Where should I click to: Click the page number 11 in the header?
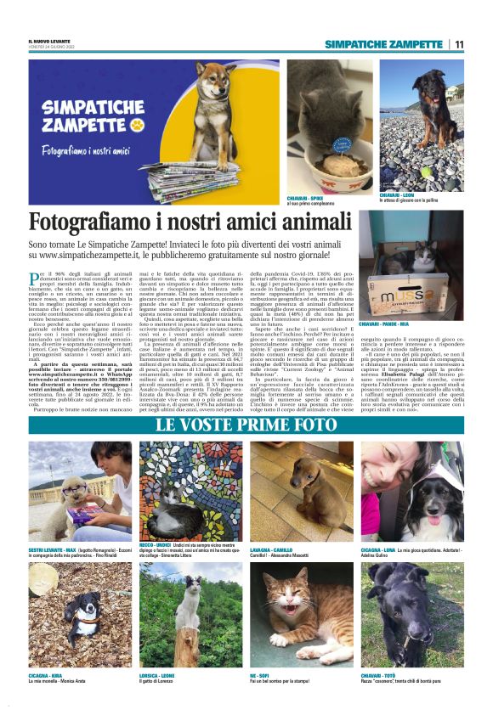(x=459, y=44)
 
